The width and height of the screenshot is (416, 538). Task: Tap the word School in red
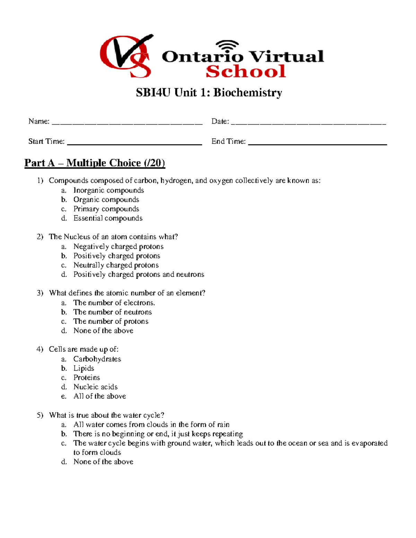click(245, 72)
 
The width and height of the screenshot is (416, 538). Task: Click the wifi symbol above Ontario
click(227, 45)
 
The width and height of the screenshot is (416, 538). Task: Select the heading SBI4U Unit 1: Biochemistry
click(209, 92)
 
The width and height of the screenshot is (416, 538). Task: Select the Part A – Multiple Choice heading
click(95, 163)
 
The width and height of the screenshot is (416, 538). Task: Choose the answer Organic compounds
click(106, 200)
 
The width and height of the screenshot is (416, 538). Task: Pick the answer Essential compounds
click(108, 218)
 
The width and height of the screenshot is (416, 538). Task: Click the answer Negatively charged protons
click(118, 247)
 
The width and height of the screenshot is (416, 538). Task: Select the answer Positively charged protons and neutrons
click(139, 274)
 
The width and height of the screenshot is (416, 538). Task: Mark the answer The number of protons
click(111, 321)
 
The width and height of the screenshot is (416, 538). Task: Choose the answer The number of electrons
click(114, 303)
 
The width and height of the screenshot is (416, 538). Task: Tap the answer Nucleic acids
click(95, 387)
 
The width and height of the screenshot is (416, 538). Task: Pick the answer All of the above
click(99, 396)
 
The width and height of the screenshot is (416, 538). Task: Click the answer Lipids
click(84, 368)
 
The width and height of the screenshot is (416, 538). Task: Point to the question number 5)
click(40, 415)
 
